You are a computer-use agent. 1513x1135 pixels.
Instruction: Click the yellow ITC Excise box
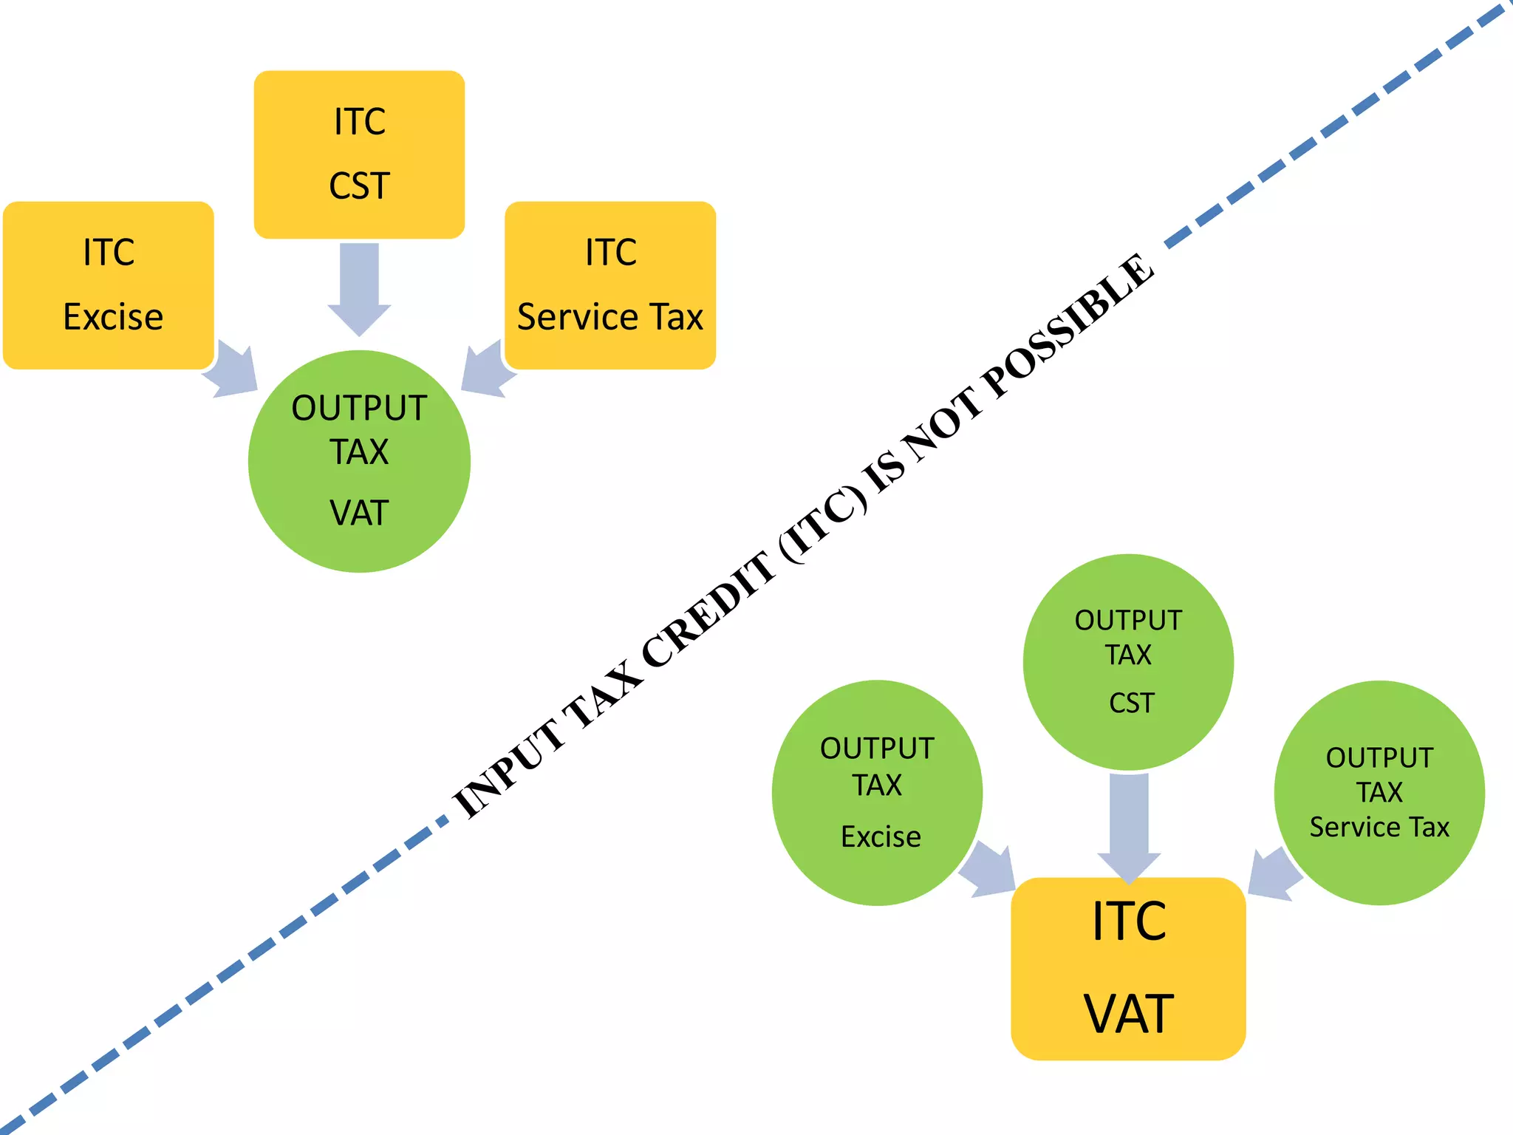(x=109, y=284)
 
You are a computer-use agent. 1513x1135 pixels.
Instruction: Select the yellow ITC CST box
(x=359, y=154)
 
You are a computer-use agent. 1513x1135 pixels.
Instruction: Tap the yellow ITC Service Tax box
(x=610, y=284)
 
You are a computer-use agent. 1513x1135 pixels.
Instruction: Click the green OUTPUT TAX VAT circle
(x=359, y=461)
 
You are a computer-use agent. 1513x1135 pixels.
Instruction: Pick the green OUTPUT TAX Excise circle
(x=877, y=792)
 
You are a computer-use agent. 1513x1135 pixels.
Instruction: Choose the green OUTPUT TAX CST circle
(x=1128, y=661)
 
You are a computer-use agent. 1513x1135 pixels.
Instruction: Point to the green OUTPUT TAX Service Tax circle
(x=1379, y=792)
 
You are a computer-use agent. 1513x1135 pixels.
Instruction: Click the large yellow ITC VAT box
(x=1128, y=968)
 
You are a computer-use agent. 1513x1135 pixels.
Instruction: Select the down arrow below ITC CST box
(x=359, y=288)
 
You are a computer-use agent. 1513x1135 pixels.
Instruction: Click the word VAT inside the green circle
(x=359, y=512)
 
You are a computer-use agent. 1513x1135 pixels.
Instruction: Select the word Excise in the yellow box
(x=113, y=317)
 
